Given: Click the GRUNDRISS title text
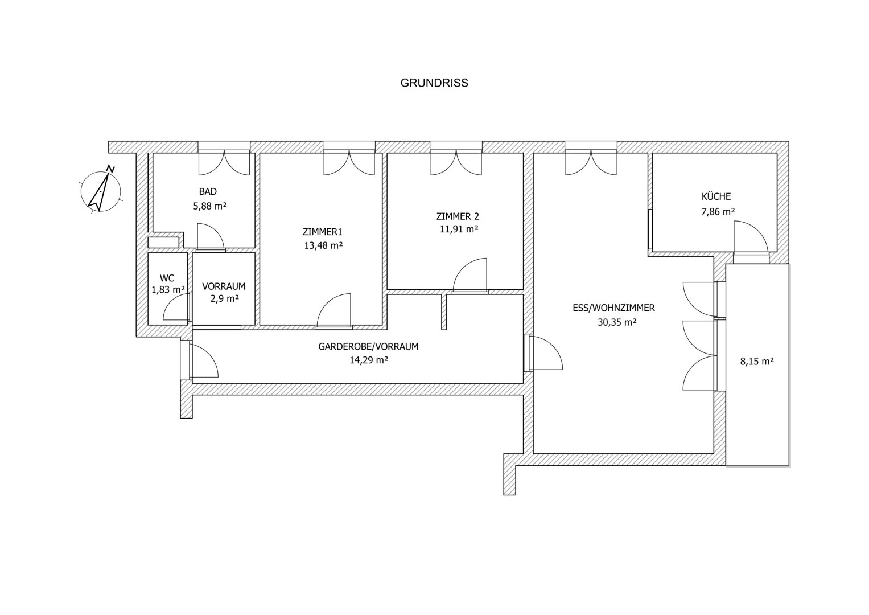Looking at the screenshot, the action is pyautogui.click(x=434, y=83).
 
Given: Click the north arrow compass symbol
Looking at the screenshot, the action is pyautogui.click(x=101, y=190).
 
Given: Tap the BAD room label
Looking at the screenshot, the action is pyautogui.click(x=208, y=191).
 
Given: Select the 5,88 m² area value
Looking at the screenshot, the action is pyautogui.click(x=210, y=206).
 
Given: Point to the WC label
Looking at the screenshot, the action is pyautogui.click(x=167, y=278).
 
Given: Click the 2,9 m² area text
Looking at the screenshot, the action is pyautogui.click(x=225, y=298).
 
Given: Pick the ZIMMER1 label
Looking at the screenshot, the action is pyautogui.click(x=322, y=232).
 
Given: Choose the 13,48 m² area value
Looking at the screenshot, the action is pyautogui.click(x=324, y=245).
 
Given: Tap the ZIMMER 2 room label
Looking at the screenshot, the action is pyautogui.click(x=458, y=216).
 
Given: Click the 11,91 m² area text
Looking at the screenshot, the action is pyautogui.click(x=459, y=229).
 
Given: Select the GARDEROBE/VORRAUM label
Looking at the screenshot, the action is pyautogui.click(x=369, y=346).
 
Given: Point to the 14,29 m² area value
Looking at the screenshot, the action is pyautogui.click(x=369, y=360).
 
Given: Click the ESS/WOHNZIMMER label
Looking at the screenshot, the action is pyautogui.click(x=613, y=308).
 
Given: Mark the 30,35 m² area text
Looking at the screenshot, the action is pyautogui.click(x=617, y=322).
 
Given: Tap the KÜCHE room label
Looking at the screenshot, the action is pyautogui.click(x=716, y=196).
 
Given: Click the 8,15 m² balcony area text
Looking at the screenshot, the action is pyautogui.click(x=757, y=362).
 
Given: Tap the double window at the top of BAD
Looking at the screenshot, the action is pyautogui.click(x=224, y=159).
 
